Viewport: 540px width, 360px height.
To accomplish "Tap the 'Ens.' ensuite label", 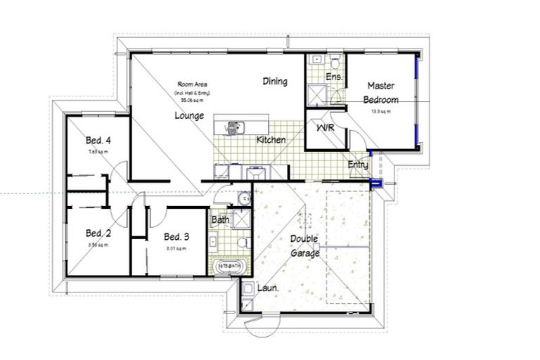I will coord(334,77).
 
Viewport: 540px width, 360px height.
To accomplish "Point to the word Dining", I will coord(275,82).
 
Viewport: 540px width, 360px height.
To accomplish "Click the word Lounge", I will coord(189,115).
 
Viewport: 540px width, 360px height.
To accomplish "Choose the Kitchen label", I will coord(271,140).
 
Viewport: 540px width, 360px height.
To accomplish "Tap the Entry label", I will coord(358,165).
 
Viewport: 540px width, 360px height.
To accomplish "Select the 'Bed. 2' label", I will coord(98,233).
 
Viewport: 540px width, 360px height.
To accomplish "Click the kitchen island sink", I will coord(232,127).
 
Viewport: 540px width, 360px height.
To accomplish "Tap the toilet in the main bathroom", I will coord(242,243).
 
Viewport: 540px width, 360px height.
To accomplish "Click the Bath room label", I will coord(221,220).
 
